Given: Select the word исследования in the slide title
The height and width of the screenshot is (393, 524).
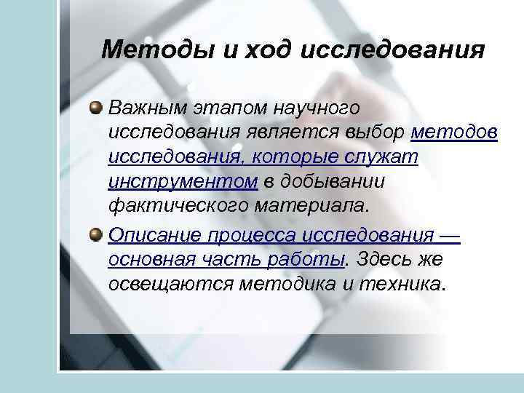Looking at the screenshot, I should pos(391,51).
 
